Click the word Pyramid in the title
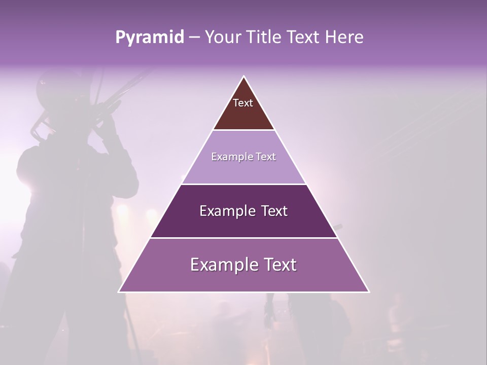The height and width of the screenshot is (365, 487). click(149, 38)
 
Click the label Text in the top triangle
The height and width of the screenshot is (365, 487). click(243, 103)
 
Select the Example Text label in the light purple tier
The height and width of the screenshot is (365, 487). click(243, 157)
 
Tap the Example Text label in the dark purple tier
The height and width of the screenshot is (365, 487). click(243, 211)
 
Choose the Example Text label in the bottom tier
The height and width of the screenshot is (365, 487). click(243, 265)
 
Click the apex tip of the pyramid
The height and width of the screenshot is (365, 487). click(244, 77)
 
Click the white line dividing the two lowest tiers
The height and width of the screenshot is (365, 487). click(243, 238)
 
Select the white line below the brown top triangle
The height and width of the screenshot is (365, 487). click(243, 130)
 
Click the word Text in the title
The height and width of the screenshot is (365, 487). click(304, 38)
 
